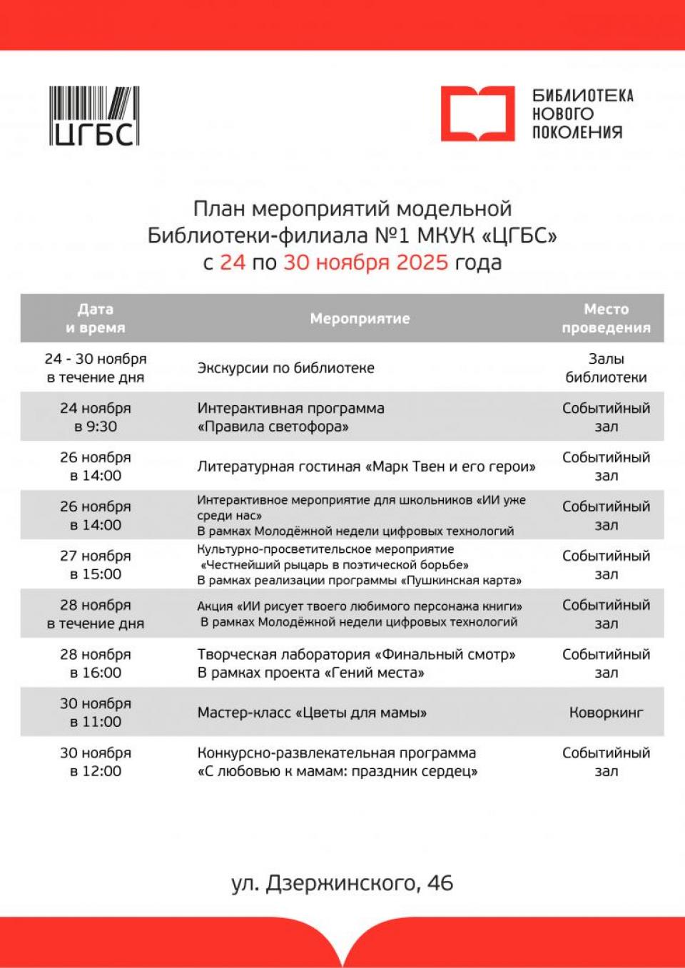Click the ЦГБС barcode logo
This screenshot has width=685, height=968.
click(x=94, y=116)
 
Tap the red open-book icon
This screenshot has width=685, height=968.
click(x=477, y=114)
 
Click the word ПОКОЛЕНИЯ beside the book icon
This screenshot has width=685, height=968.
click(x=577, y=133)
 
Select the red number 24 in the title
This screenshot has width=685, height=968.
click(x=232, y=263)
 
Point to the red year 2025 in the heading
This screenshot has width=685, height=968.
click(x=422, y=263)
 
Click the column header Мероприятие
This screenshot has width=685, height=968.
click(x=360, y=319)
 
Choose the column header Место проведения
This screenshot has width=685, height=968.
click(x=606, y=319)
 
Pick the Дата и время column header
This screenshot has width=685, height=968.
click(x=96, y=319)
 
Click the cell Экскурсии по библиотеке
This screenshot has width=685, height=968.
click(x=285, y=368)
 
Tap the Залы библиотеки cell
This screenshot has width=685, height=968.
click(x=606, y=368)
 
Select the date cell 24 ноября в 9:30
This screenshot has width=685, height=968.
click(x=96, y=417)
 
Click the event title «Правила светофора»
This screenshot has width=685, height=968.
click(x=273, y=427)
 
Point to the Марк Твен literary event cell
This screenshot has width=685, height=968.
click(x=366, y=467)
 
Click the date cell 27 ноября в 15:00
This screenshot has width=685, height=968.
click(x=96, y=565)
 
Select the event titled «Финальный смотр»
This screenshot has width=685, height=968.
click(x=356, y=655)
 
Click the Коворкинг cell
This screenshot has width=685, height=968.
click(x=606, y=713)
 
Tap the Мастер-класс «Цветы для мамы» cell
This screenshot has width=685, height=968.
click(x=312, y=713)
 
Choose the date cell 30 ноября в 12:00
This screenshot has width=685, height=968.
click(x=96, y=762)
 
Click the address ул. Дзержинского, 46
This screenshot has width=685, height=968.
click(x=342, y=883)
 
